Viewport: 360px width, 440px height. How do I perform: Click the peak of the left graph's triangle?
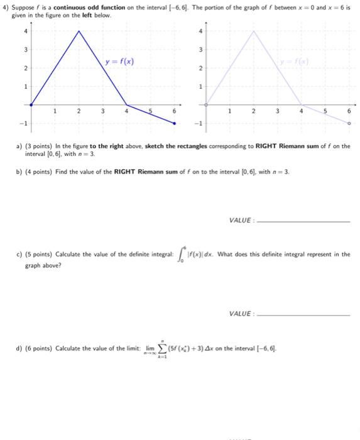point(79,30)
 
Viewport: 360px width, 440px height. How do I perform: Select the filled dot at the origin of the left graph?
point(30,104)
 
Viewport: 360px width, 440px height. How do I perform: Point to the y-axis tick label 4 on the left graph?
point(25,30)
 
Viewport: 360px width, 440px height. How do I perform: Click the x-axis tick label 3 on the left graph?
point(102,111)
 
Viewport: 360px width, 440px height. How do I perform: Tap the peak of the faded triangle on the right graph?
point(254,30)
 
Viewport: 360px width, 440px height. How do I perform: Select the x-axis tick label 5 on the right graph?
point(325,111)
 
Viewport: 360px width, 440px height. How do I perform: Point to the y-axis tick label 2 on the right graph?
point(200,67)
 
